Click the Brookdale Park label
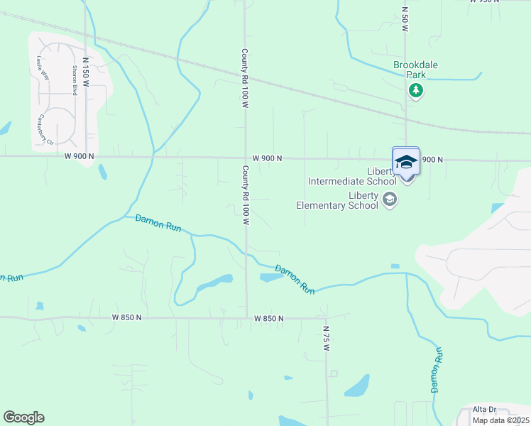(x=415, y=69)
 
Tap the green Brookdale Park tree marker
(x=415, y=90)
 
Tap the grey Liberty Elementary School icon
(x=389, y=200)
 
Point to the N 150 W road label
(x=85, y=72)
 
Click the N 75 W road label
(x=327, y=339)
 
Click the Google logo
(x=23, y=417)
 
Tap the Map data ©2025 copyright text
(x=500, y=420)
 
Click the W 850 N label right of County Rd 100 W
(x=269, y=319)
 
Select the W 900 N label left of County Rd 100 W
(x=79, y=155)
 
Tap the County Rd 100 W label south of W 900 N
(x=246, y=195)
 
